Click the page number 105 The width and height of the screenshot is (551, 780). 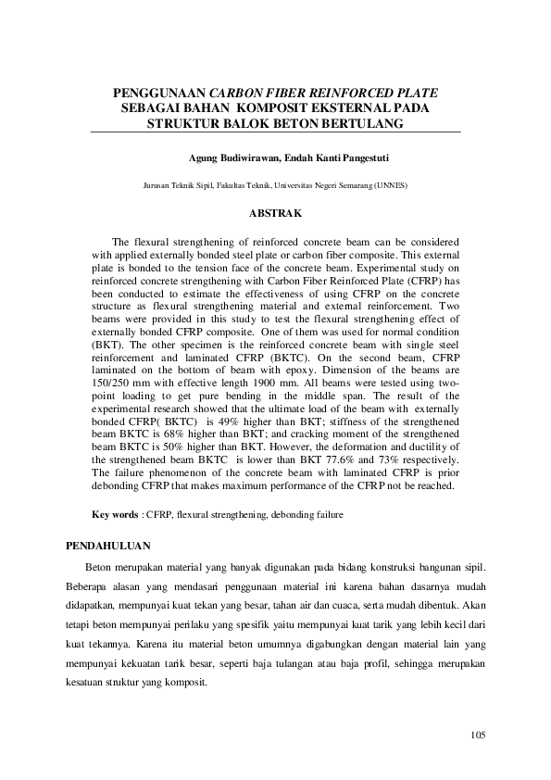[x=478, y=736]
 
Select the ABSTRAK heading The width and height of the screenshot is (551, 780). [x=275, y=214]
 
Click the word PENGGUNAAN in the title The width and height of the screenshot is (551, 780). [x=159, y=94]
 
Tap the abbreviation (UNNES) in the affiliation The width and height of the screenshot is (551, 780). [x=389, y=185]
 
